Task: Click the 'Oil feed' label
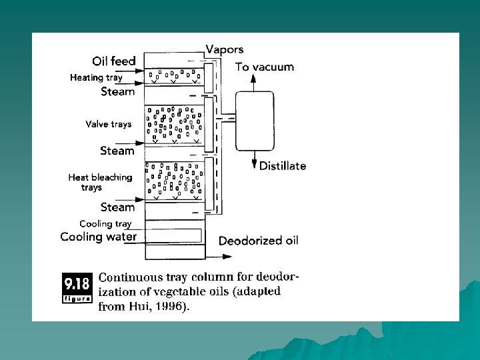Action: [114, 61]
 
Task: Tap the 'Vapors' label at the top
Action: [225, 49]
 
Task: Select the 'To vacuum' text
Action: [265, 67]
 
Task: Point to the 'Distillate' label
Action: [283, 166]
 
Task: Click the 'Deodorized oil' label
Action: [259, 241]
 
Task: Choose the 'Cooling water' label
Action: [99, 237]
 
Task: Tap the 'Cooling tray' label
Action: [105, 224]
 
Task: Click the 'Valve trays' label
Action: [109, 124]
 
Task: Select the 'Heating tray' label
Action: [96, 77]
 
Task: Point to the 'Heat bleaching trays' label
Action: [100, 182]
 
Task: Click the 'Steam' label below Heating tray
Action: [117, 91]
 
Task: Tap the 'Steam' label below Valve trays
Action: [117, 151]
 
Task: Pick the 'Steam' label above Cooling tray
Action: [117, 207]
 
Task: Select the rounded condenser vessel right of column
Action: [255, 121]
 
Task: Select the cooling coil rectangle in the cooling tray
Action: [173, 235]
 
